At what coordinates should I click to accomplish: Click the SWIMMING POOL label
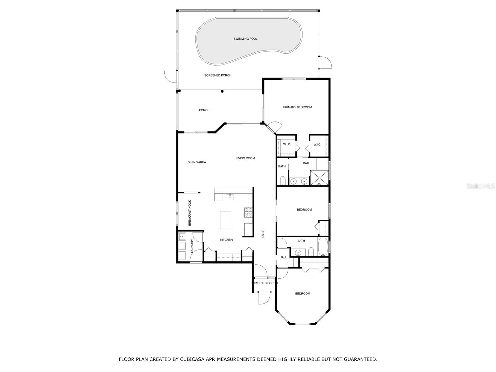click(x=246, y=39)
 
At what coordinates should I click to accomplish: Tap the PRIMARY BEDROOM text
click(x=297, y=107)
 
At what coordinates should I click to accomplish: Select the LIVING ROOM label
click(x=245, y=158)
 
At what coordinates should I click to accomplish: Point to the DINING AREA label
click(x=197, y=162)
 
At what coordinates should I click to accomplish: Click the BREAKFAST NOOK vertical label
click(x=190, y=213)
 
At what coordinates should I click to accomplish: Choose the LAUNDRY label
click(x=192, y=246)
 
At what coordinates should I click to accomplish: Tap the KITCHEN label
click(x=226, y=240)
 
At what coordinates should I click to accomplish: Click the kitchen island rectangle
click(x=225, y=220)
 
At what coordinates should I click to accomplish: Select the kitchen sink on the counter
click(x=230, y=197)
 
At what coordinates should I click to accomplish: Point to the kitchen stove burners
click(x=248, y=212)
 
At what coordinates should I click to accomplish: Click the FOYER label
click(x=263, y=234)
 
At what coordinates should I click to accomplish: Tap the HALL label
click(x=283, y=257)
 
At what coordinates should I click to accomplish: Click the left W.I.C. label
click(x=287, y=144)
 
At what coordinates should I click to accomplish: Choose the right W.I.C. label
click(x=317, y=145)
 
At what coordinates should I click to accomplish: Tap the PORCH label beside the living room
click(x=204, y=110)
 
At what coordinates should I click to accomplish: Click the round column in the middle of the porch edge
click(x=222, y=91)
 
